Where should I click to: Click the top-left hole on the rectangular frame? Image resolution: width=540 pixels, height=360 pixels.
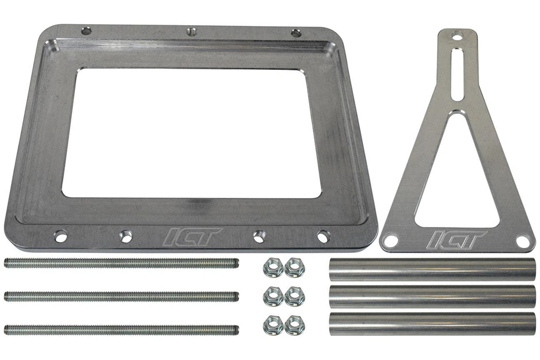(x=86, y=31)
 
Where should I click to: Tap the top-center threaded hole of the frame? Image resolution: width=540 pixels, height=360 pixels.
(x=191, y=32)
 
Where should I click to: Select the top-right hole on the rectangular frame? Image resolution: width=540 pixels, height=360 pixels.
(x=296, y=33)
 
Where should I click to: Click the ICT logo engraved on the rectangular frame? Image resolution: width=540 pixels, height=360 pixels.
(x=192, y=237)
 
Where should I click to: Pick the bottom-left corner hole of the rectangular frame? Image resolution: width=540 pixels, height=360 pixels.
(x=61, y=237)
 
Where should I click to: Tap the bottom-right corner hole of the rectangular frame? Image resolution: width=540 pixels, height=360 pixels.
(x=323, y=237)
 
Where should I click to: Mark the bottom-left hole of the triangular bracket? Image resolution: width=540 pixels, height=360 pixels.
(x=390, y=240)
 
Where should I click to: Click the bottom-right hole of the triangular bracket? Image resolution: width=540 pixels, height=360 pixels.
(x=523, y=241)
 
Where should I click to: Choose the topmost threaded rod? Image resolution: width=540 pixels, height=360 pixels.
(x=121, y=263)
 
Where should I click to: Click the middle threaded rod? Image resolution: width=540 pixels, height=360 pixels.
(x=121, y=297)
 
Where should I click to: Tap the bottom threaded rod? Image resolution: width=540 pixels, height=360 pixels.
(x=121, y=330)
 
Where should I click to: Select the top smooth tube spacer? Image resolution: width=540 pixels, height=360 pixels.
(x=432, y=269)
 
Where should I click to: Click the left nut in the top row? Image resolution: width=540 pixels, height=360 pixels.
(x=273, y=267)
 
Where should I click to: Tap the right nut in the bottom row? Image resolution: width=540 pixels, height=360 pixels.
(x=294, y=325)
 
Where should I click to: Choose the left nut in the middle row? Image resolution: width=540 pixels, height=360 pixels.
(x=273, y=296)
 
